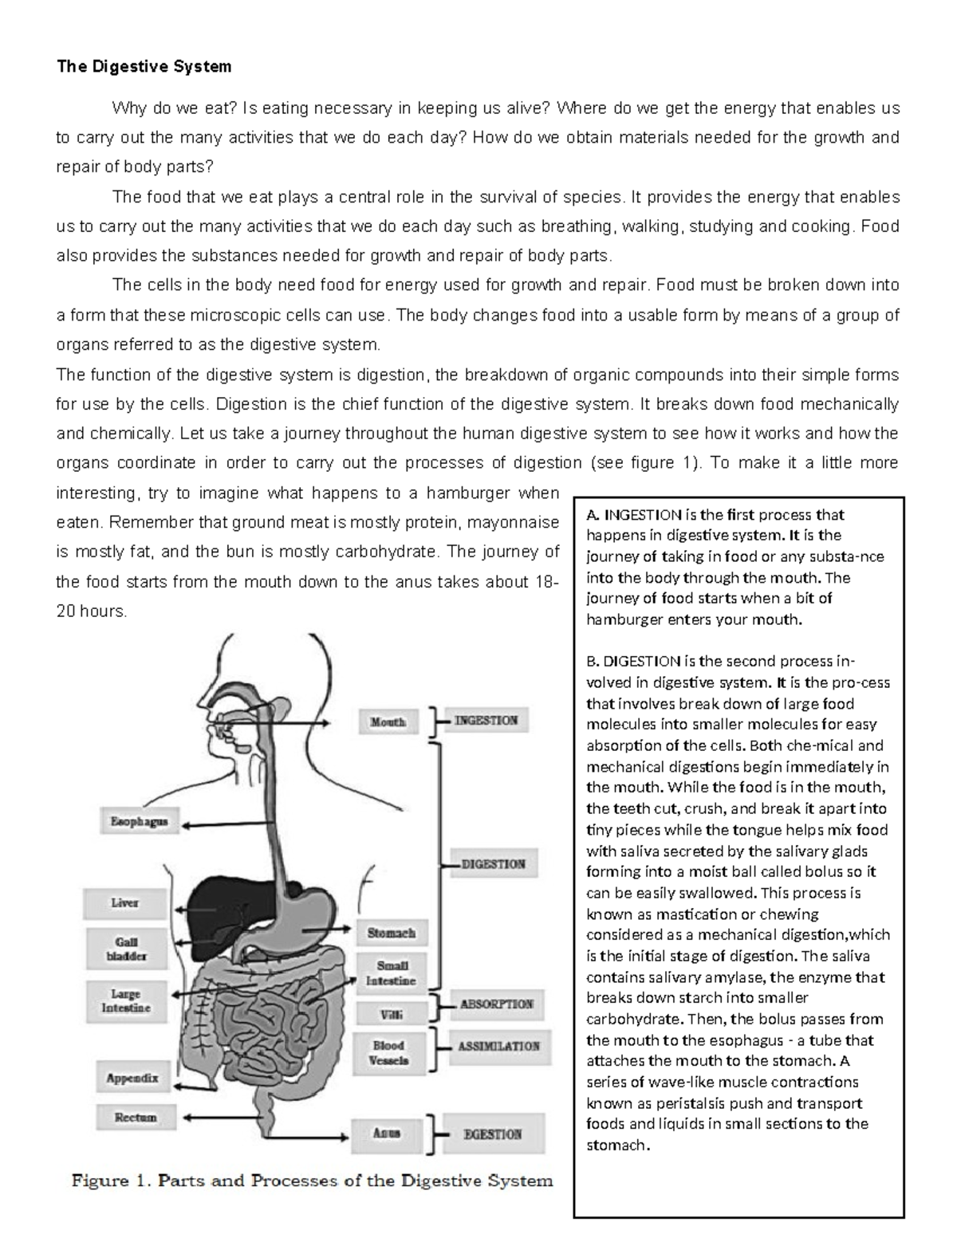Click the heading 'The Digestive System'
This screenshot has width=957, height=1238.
click(x=144, y=67)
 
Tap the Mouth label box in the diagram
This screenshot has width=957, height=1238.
click(x=388, y=721)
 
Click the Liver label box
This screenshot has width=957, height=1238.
click(x=124, y=903)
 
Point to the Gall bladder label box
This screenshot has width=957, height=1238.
click(x=126, y=949)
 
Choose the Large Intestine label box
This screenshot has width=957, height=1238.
click(x=126, y=1001)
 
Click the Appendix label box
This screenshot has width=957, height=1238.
click(x=132, y=1079)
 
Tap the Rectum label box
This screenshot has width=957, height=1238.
click(x=136, y=1118)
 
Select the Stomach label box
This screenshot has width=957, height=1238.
click(x=391, y=932)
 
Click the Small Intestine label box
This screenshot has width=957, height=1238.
click(x=391, y=973)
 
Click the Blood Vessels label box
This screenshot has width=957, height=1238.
click(x=389, y=1052)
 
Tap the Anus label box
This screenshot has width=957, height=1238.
click(x=387, y=1133)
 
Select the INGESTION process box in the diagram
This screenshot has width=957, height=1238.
click(x=486, y=721)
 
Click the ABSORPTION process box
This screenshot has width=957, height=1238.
click(x=496, y=1004)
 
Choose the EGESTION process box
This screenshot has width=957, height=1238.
click(x=493, y=1134)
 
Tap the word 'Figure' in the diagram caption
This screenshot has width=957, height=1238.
click(x=101, y=1181)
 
